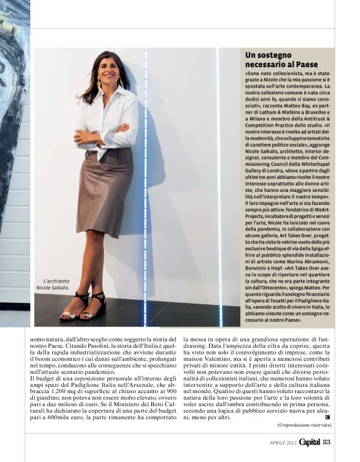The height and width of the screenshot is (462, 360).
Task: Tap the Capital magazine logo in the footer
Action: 310,442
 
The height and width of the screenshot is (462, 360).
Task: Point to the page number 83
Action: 327,442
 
